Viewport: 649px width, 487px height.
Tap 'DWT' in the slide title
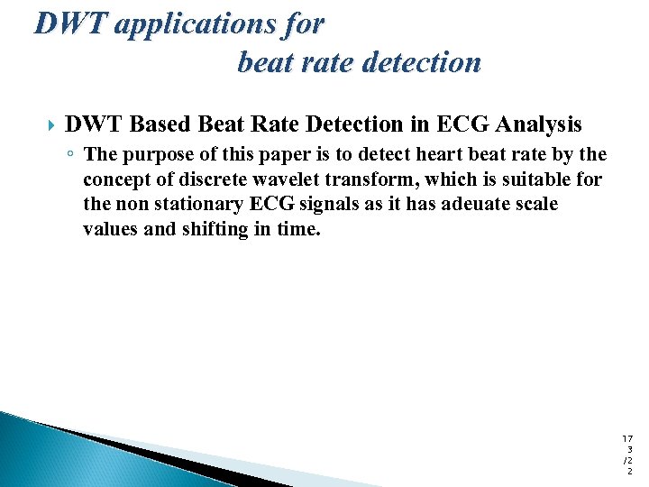[x=70, y=24]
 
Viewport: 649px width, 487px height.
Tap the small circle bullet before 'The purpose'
[x=69, y=155]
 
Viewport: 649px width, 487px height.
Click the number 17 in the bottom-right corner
[x=627, y=437]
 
